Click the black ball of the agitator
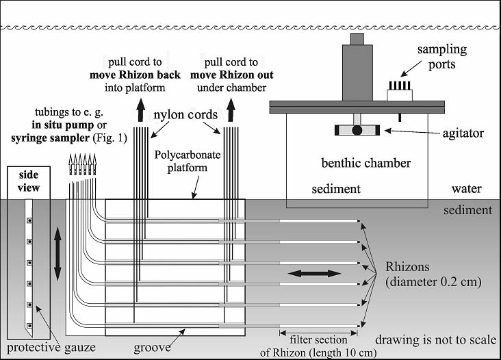click(357, 130)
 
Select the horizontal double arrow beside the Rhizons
click(314, 273)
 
